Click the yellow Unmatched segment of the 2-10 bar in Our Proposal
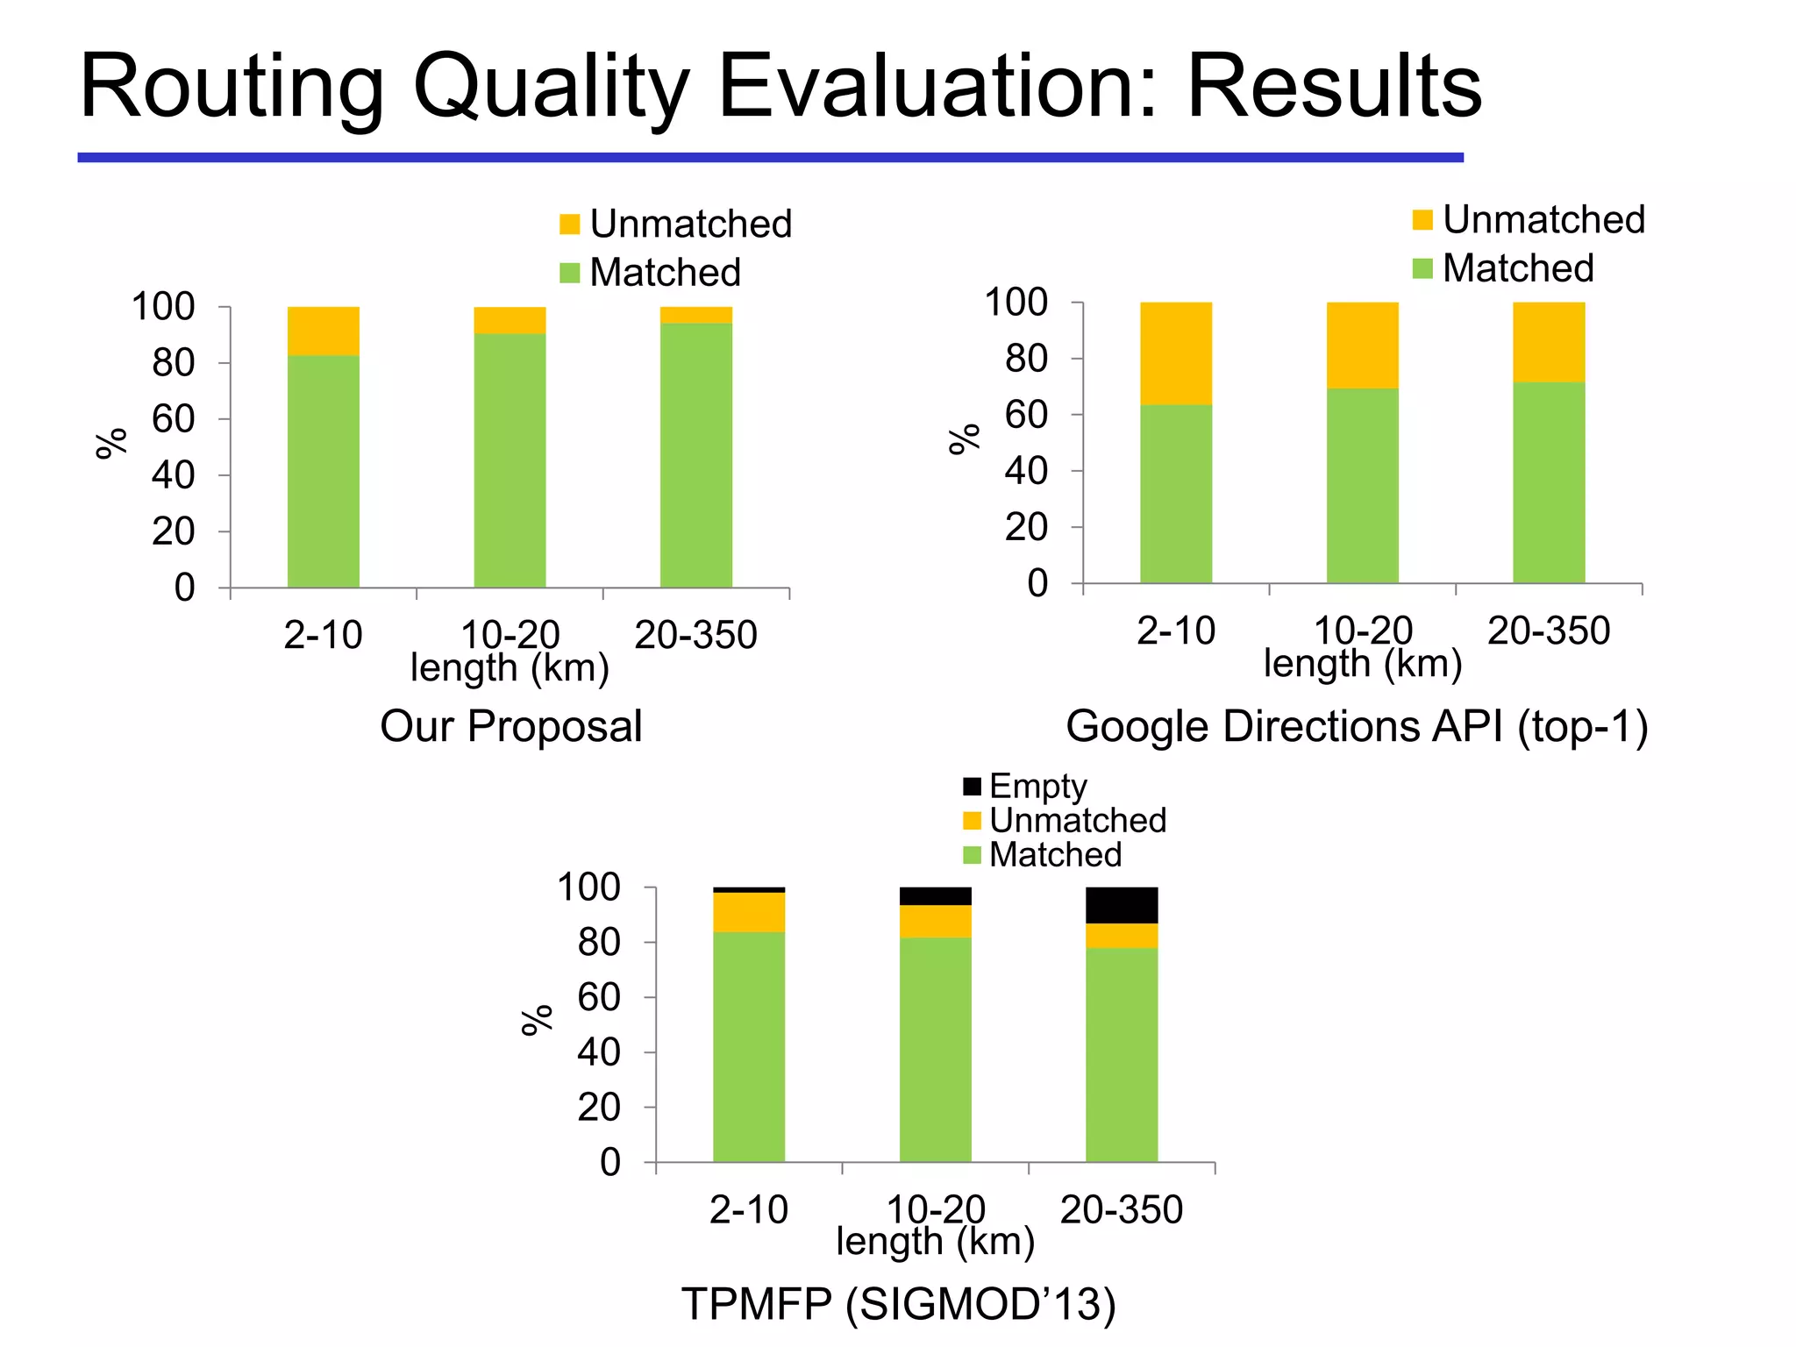click(323, 331)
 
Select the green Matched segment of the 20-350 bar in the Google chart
click(1548, 482)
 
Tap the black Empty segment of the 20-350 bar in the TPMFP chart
click(1121, 905)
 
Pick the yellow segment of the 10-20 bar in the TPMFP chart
click(935, 921)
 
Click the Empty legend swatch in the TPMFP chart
click(972, 786)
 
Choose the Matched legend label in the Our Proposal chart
click(665, 273)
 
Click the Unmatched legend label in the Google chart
click(1543, 219)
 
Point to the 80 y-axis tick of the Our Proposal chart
click(174, 363)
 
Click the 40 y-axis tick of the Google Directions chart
click(1026, 472)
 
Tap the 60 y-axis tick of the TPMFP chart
click(599, 998)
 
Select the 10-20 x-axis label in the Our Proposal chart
click(510, 633)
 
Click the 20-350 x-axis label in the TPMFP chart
click(1121, 1210)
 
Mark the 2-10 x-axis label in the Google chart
click(1175, 631)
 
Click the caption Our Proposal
click(510, 726)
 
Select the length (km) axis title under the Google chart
click(1362, 664)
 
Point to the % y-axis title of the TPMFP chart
click(537, 1020)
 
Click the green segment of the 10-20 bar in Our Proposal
click(510, 460)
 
